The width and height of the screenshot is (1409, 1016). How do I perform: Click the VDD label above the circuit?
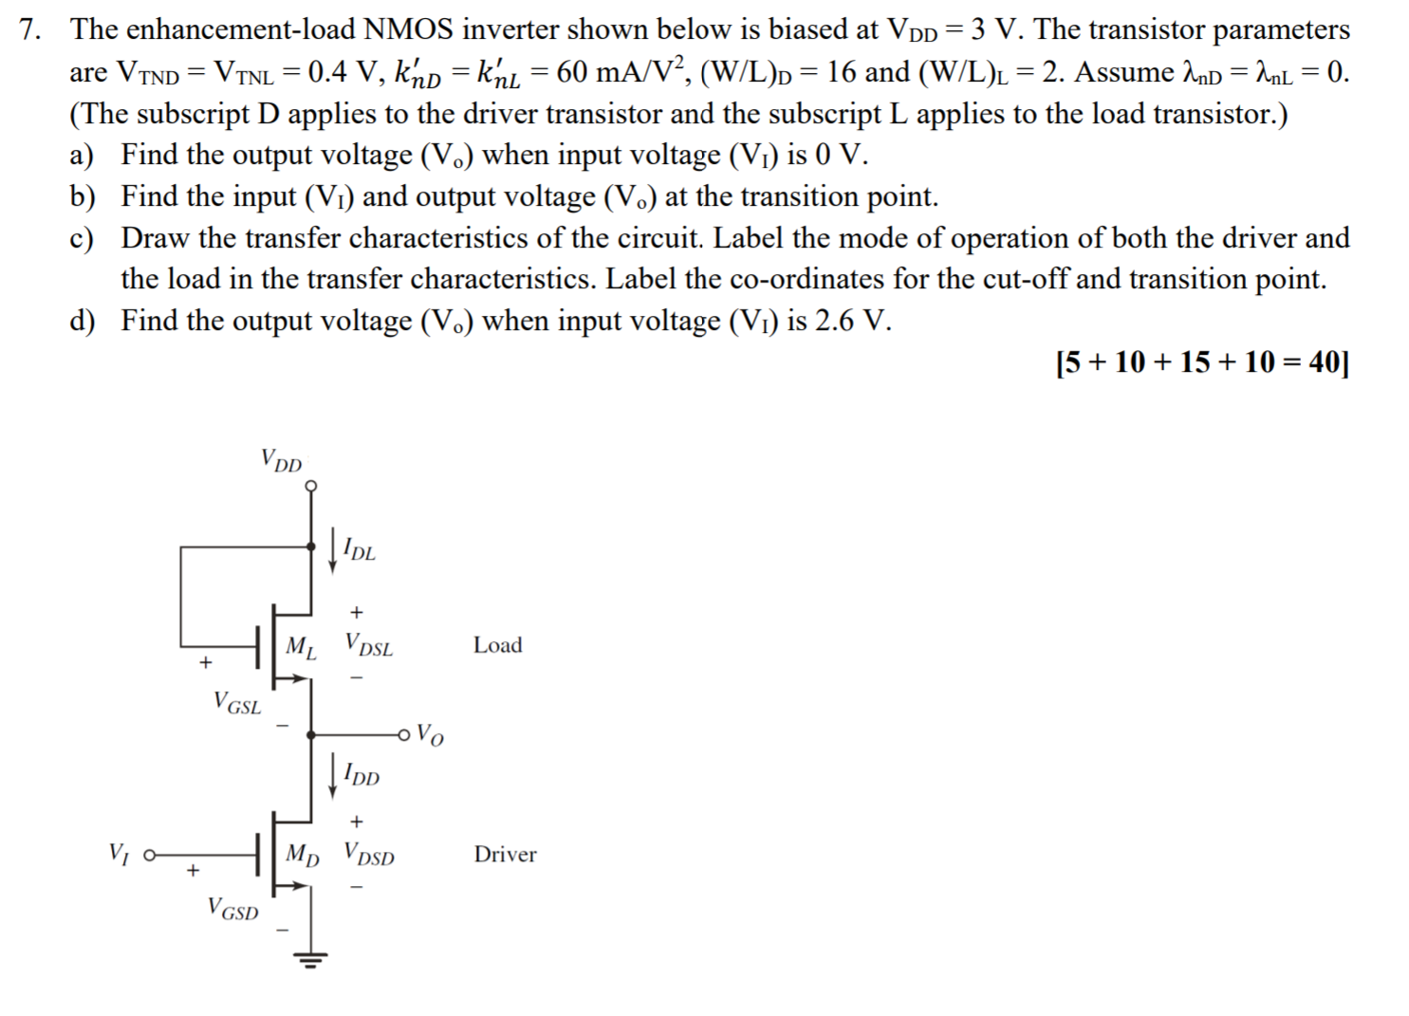[x=281, y=461]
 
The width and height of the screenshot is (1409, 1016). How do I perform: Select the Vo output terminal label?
[x=430, y=735]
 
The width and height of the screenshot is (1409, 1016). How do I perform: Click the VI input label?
[x=118, y=854]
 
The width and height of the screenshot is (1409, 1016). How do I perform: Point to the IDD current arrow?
[x=332, y=775]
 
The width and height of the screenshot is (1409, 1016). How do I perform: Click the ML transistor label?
[x=301, y=648]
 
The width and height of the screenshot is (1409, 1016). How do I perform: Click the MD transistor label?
[x=302, y=855]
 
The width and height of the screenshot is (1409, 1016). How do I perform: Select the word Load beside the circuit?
[x=498, y=645]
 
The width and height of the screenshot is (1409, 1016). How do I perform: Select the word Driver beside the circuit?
[x=505, y=855]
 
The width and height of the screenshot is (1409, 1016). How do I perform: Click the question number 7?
[x=29, y=29]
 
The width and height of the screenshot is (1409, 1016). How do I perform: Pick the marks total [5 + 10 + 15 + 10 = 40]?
[x=1201, y=362]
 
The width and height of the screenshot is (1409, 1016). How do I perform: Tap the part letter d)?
[x=82, y=321]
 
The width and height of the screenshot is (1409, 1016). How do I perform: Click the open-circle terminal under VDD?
[x=311, y=487]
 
